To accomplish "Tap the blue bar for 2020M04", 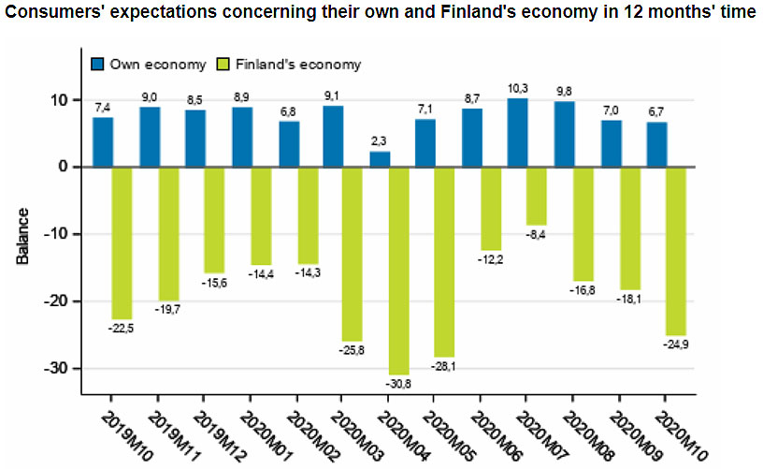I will (x=379, y=159).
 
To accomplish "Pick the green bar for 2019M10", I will (x=122, y=242).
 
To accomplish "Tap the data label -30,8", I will (x=396, y=383).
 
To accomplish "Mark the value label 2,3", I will (x=379, y=141).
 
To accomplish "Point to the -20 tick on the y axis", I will (x=55, y=301).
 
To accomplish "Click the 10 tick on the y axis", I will (x=58, y=99).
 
